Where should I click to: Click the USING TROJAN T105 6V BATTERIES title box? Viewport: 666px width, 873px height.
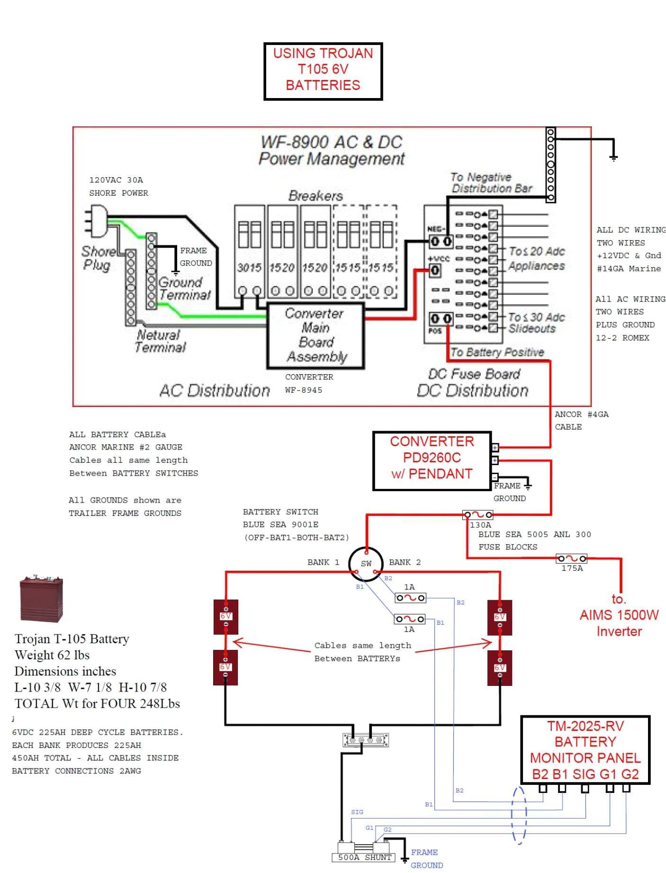[x=323, y=71]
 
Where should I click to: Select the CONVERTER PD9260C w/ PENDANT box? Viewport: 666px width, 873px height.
[x=432, y=460]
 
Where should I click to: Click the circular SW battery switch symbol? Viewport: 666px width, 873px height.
[x=366, y=563]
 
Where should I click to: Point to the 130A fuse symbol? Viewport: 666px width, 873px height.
[x=477, y=514]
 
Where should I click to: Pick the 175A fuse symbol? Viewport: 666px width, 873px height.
[x=571, y=559]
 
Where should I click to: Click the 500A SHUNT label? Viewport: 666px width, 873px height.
[x=364, y=857]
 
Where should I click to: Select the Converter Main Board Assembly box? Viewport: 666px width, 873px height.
[x=315, y=335]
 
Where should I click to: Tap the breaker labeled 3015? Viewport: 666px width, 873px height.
[x=250, y=251]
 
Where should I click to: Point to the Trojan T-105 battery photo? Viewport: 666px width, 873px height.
[x=41, y=599]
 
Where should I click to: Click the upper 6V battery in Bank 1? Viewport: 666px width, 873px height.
[x=225, y=616]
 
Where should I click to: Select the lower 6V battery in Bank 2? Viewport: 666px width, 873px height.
[x=500, y=667]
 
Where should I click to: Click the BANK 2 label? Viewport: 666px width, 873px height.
[x=405, y=562]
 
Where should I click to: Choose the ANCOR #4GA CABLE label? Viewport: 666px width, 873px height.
[x=581, y=420]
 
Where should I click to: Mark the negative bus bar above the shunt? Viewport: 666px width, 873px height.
[x=365, y=740]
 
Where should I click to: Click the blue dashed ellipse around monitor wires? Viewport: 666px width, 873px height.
[x=519, y=815]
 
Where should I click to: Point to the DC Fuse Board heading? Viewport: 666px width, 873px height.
[x=474, y=374]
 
